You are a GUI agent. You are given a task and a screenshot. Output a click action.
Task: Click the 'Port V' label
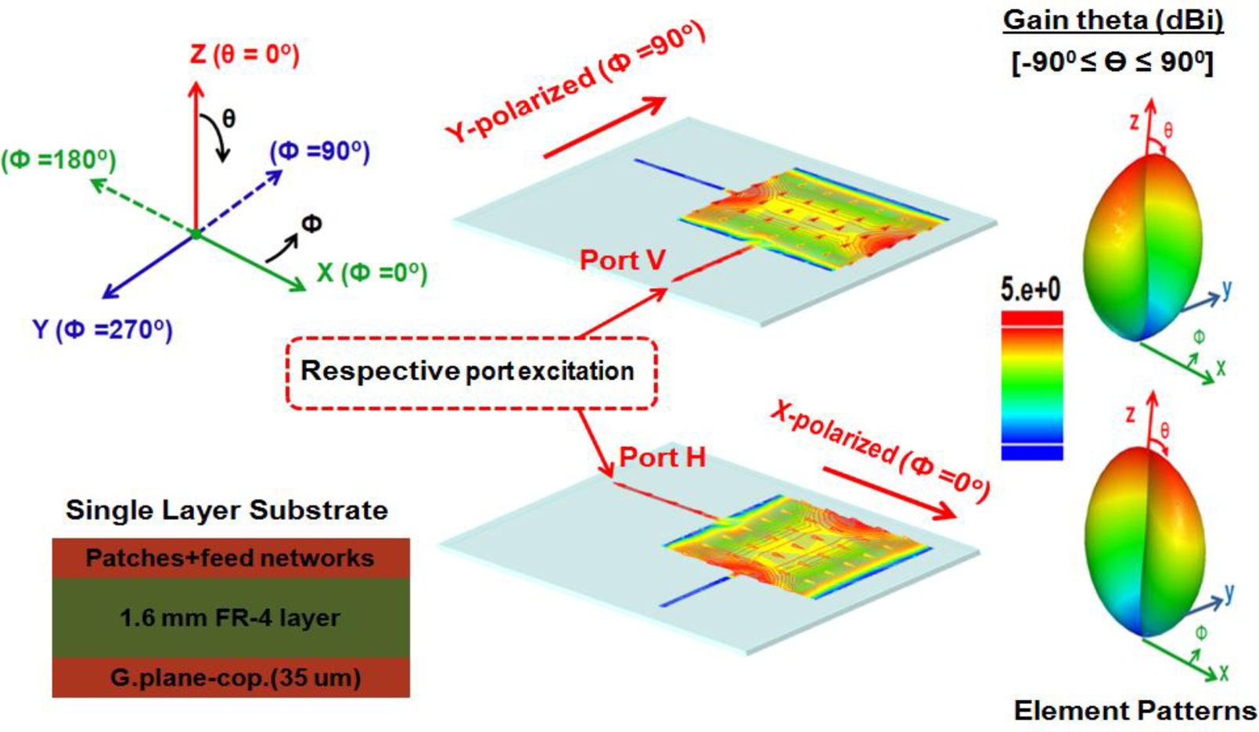[x=622, y=260]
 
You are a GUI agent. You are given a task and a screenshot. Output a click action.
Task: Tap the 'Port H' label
[x=662, y=457]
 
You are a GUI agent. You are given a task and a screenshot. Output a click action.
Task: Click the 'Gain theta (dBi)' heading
[x=1113, y=20]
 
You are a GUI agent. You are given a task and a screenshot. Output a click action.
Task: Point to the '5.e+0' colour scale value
[x=1031, y=290]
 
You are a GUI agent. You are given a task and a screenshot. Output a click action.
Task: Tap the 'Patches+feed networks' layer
[x=230, y=558]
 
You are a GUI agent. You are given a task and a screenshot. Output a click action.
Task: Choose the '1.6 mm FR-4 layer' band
[x=230, y=618]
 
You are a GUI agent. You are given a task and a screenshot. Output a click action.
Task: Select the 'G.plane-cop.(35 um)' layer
[x=230, y=677]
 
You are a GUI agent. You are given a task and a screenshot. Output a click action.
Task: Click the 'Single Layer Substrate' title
[x=227, y=510]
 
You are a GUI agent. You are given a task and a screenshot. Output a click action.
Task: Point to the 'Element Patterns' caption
[x=1135, y=710]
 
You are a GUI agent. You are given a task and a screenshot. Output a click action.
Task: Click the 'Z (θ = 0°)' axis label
[x=244, y=54]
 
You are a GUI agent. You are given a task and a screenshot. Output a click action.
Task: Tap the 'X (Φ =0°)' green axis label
[x=372, y=273]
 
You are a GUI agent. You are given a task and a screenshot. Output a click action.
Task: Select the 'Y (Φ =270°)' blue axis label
[x=103, y=329]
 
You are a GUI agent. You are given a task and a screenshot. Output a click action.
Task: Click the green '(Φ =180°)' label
[x=59, y=160]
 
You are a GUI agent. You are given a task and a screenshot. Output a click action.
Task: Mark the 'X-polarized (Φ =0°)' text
[x=880, y=450]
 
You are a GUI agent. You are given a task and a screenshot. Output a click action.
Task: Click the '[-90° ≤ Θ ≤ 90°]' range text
[x=1112, y=62]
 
